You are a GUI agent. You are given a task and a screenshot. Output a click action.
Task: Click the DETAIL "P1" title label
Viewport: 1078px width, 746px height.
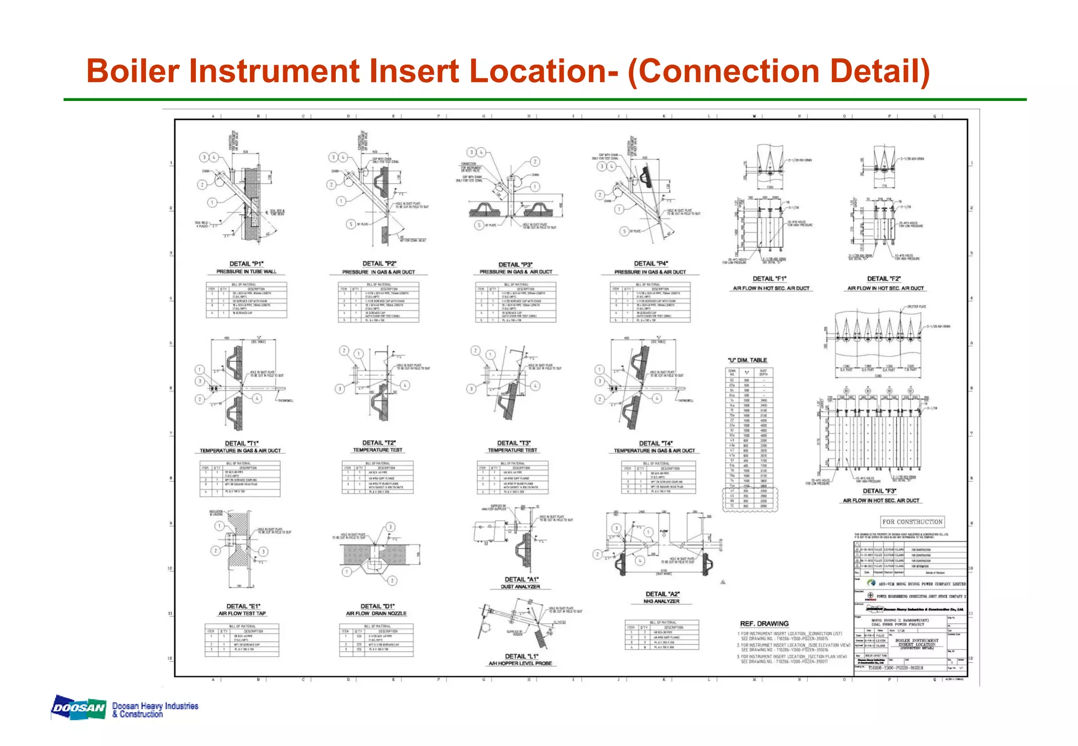coord(246,264)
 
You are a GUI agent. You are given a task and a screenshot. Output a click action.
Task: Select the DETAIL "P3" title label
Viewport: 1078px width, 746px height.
coord(515,265)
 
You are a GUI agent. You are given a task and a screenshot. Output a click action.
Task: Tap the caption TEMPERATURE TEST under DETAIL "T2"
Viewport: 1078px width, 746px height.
coord(377,450)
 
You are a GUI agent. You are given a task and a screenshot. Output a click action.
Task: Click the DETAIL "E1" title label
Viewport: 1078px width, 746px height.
coord(243,606)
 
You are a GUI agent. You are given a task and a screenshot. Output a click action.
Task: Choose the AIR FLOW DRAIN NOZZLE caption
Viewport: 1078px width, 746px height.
coord(376,613)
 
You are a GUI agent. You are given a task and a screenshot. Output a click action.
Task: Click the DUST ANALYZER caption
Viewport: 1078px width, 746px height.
coord(520,587)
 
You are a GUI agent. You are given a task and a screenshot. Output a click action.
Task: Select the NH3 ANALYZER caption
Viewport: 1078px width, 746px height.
coord(661,601)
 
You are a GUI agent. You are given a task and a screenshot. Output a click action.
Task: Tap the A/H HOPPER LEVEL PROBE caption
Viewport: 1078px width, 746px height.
coord(520,663)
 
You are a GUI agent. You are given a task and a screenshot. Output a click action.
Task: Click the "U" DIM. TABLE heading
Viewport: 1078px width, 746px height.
coord(747,360)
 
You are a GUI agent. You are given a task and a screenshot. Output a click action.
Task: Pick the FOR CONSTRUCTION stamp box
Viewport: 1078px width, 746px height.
coord(912,522)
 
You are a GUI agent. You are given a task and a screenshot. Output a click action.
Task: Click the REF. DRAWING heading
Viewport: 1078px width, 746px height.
coord(764,623)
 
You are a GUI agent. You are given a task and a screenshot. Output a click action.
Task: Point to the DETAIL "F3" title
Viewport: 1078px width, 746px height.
coord(879,491)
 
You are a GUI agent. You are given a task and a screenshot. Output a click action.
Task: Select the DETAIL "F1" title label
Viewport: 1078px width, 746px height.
coord(769,279)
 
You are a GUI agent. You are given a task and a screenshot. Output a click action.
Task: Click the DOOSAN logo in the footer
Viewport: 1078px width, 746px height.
coord(79,708)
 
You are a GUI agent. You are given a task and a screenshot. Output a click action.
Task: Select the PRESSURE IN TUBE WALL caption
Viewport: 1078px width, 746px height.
coord(246,271)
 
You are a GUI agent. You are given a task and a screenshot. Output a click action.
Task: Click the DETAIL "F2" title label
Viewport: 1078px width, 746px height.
coord(884,279)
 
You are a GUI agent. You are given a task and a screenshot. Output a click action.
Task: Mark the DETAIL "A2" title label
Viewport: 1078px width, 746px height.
coord(662,594)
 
